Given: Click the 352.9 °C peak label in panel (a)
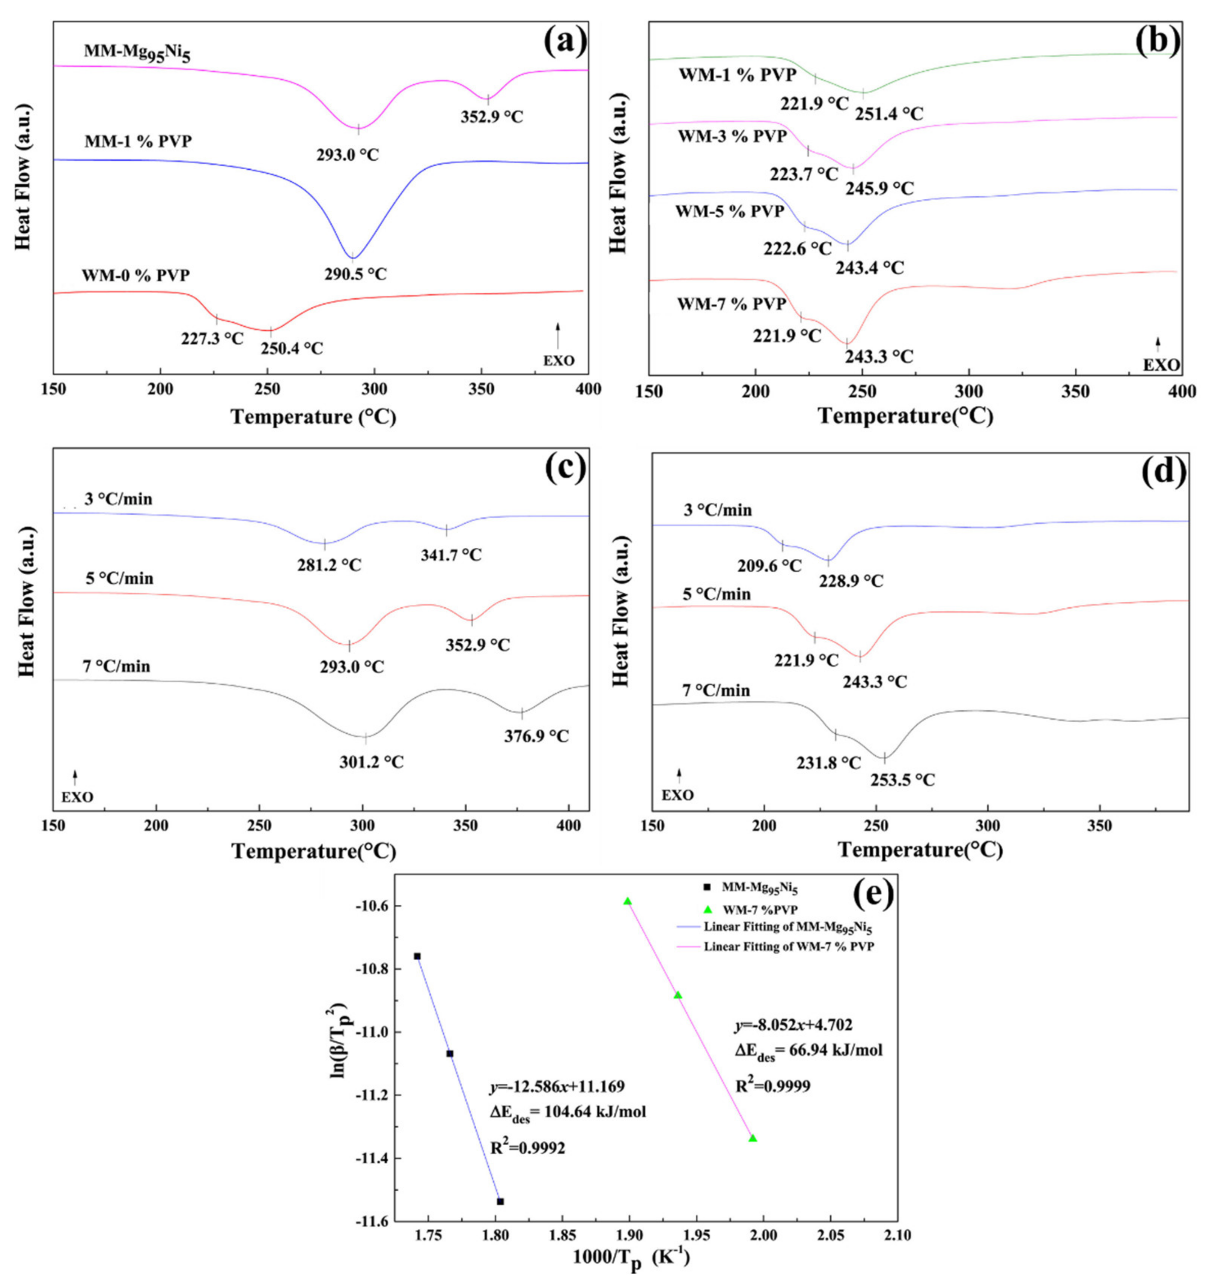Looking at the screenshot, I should click(491, 117).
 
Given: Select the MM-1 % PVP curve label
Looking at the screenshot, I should click(138, 142).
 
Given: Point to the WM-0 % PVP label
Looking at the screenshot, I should click(136, 275).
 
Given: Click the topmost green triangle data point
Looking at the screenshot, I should click(627, 901).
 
